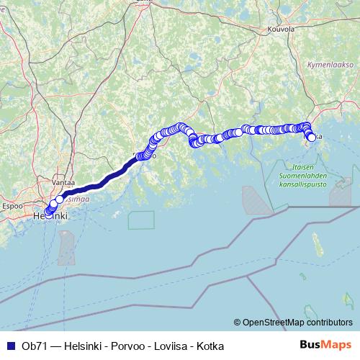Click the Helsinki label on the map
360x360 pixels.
pyautogui.click(x=50, y=215)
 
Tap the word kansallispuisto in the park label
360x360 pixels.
pyautogui.click(x=302, y=184)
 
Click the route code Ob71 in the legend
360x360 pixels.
pyautogui.click(x=30, y=346)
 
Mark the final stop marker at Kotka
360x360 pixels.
pyautogui.click(x=311, y=138)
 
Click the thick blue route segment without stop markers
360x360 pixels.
pyautogui.click(x=101, y=180)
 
